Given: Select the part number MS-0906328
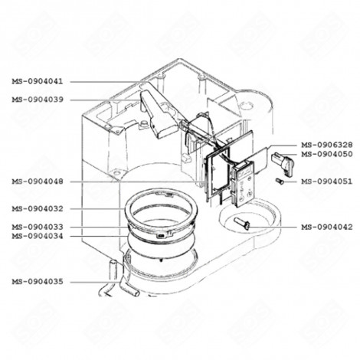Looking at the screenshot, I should coord(326,145).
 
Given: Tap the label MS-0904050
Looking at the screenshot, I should coord(326,154).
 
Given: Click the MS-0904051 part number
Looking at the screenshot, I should coord(326,182).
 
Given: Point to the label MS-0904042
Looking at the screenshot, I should coord(326,227).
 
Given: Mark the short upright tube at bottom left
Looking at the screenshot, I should coord(111,270).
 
